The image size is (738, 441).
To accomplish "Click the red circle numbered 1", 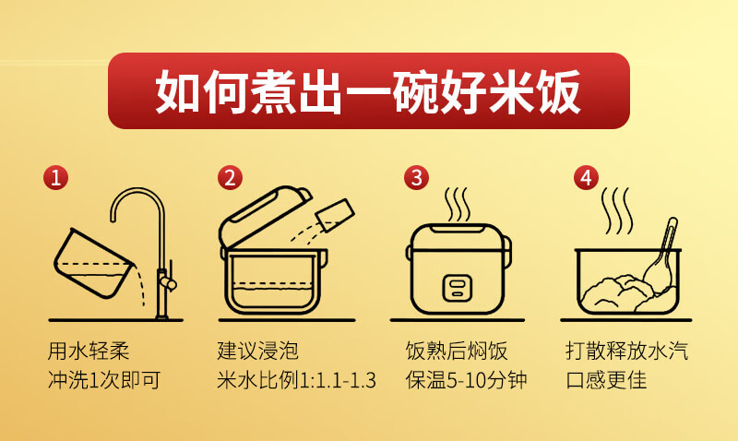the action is [x=56, y=178].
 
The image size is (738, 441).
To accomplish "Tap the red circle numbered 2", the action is [x=230, y=178].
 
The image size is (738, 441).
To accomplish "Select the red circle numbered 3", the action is [x=417, y=178].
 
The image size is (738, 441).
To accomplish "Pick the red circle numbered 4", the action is [x=586, y=178].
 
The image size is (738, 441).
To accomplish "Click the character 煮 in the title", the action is [x=273, y=91].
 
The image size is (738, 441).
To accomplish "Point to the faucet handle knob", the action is [x=168, y=283].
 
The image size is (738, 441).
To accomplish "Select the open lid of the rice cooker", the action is [x=265, y=216].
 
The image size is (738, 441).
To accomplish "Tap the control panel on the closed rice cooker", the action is [x=457, y=288].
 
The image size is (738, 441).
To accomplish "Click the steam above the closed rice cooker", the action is [x=458, y=205].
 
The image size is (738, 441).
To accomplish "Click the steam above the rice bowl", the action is [x=615, y=211].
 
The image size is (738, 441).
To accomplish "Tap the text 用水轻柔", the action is [x=89, y=351].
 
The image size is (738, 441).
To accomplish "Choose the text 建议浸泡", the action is [x=258, y=351].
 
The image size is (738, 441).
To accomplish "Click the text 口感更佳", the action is [x=606, y=380].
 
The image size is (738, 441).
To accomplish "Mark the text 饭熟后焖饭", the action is [x=456, y=351].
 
